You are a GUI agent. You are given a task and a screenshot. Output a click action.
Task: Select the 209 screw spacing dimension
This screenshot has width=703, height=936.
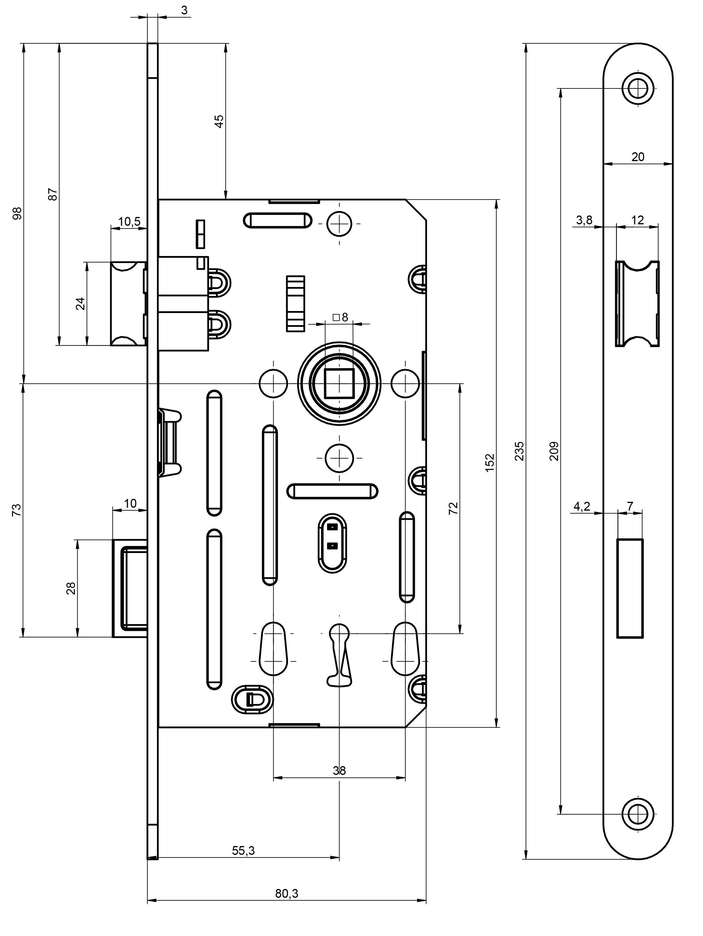pos(555,451)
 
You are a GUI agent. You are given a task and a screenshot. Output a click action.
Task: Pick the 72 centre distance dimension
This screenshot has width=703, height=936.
pos(453,508)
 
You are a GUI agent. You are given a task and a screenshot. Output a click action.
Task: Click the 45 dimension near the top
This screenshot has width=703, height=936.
pos(219,121)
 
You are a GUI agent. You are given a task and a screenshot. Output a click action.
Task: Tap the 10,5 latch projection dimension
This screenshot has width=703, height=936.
pos(129,221)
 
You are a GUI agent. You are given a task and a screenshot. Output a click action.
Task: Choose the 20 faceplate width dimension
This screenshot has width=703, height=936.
pos(637,157)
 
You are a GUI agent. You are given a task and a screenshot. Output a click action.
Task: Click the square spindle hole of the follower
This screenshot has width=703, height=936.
pos(339,383)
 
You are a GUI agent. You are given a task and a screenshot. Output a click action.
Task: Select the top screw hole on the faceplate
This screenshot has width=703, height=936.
pos(638,89)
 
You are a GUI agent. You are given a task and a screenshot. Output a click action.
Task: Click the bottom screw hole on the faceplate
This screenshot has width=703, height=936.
pos(638,814)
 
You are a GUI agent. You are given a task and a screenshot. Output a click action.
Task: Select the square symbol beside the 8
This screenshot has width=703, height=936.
pos(336,317)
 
